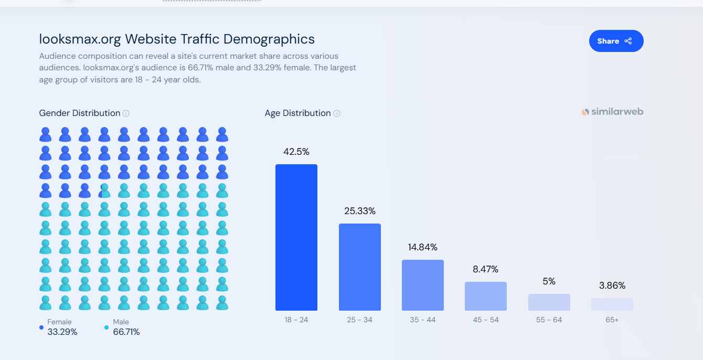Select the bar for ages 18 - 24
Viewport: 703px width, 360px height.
click(x=296, y=237)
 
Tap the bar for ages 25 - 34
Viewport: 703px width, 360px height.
click(x=359, y=267)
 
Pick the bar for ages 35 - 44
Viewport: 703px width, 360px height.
click(x=422, y=285)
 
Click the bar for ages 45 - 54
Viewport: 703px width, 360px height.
click(x=485, y=296)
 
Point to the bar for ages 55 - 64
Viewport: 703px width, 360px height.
click(x=549, y=302)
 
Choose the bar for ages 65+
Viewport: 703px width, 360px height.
click(x=612, y=304)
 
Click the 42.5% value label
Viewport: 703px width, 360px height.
click(x=296, y=152)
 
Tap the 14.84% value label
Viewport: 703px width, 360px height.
click(x=422, y=247)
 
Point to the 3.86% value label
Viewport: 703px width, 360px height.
click(x=612, y=286)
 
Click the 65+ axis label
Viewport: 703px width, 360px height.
click(x=612, y=320)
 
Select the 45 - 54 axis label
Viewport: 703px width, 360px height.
click(x=485, y=320)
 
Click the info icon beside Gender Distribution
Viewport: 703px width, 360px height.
click(x=126, y=113)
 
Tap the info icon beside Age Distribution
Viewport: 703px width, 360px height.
click(x=337, y=113)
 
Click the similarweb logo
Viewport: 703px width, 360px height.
click(x=612, y=112)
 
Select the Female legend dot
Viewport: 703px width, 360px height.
click(x=41, y=327)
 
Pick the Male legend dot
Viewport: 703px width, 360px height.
click(x=106, y=327)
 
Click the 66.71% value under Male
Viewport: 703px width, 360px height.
click(x=126, y=332)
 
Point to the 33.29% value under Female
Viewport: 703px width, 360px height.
click(x=62, y=332)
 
